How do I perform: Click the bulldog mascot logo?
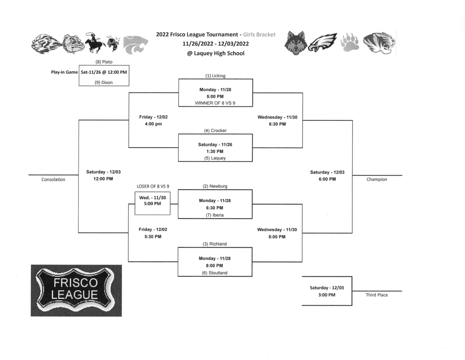click(x=74, y=44)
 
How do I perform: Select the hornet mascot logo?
click(x=113, y=44)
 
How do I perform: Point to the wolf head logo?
click(x=295, y=43)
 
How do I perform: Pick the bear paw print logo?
click(x=350, y=42)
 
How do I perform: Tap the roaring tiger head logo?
click(x=380, y=43)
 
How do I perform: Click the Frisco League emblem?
click(x=76, y=290)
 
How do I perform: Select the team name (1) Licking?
click(x=215, y=75)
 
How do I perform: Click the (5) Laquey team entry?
click(x=215, y=158)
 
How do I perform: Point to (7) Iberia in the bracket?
click(x=215, y=215)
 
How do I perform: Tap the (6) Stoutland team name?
click(x=215, y=273)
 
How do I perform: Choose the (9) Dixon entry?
click(x=104, y=82)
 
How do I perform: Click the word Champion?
click(x=377, y=180)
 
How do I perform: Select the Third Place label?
click(x=377, y=295)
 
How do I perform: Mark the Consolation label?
click(x=53, y=180)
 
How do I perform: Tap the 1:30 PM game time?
click(x=215, y=151)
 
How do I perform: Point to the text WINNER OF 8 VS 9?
click(x=215, y=103)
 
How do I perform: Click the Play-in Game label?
click(x=64, y=72)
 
